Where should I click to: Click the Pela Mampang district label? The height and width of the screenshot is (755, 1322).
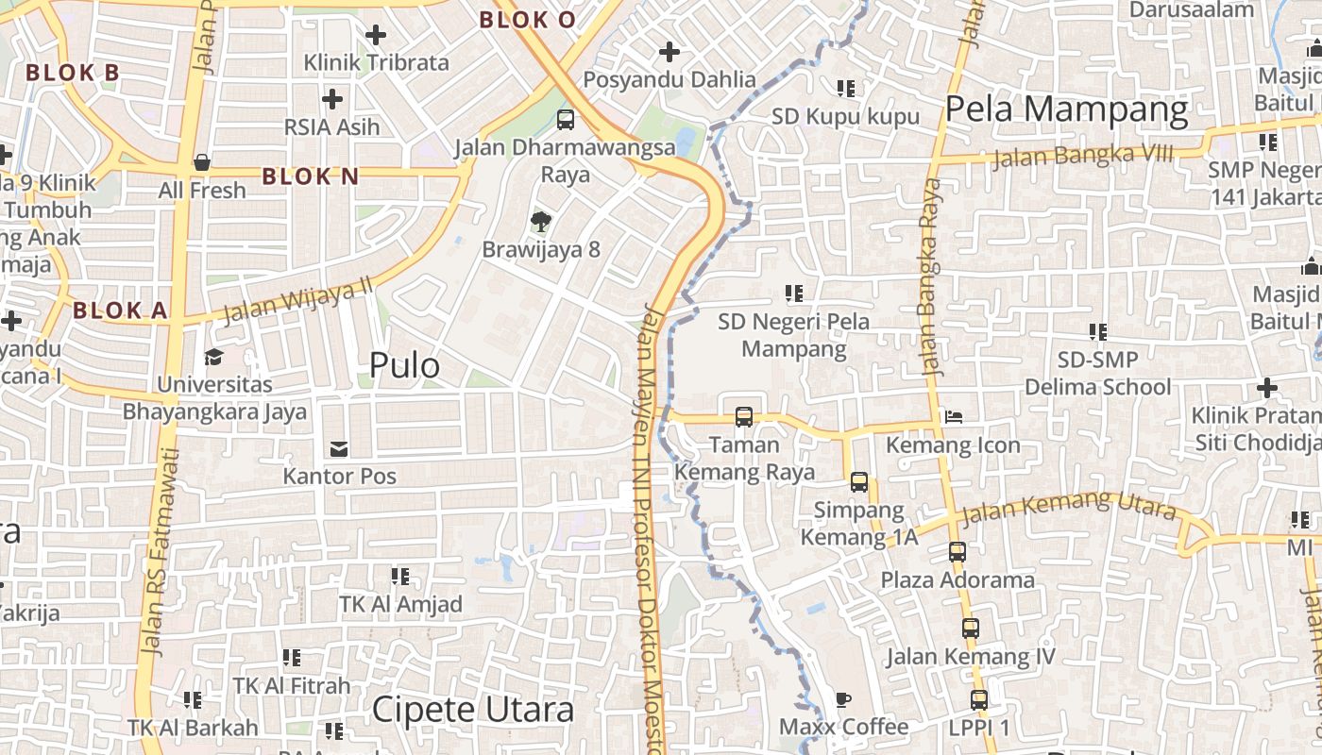click(x=1066, y=109)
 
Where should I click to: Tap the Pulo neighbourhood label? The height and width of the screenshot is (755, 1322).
click(x=404, y=365)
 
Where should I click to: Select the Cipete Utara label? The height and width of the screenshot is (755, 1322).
click(x=472, y=710)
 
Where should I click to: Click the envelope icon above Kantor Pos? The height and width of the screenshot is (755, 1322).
click(x=338, y=448)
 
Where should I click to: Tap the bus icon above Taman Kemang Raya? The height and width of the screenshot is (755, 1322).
click(x=744, y=416)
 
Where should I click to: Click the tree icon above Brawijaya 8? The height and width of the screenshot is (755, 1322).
click(x=540, y=222)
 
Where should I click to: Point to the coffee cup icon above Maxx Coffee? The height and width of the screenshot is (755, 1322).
click(x=842, y=699)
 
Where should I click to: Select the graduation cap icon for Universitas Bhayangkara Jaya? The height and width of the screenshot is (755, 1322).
click(x=214, y=357)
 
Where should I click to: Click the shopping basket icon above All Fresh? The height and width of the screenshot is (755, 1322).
click(x=201, y=162)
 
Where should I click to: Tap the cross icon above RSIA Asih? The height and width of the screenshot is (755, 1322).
click(x=332, y=98)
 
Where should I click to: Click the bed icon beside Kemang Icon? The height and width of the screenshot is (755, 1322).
click(x=953, y=416)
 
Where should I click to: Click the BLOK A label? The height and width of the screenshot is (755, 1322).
click(x=120, y=310)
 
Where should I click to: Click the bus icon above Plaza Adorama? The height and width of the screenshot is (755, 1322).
click(x=958, y=552)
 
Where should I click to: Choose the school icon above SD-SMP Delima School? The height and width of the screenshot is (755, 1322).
click(x=1097, y=331)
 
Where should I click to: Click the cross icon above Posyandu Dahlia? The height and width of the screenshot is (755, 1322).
click(x=669, y=51)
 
